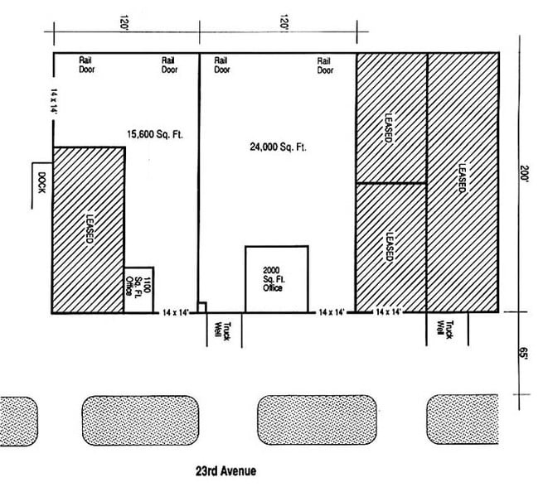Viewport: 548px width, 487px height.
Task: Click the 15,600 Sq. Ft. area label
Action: coord(155,133)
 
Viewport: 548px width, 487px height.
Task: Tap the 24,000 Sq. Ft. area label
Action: coord(278,147)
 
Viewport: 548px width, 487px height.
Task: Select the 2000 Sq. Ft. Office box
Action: coord(275,279)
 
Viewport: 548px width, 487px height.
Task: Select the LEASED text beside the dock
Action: coord(89,229)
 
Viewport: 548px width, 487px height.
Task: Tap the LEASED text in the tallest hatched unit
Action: coord(461,179)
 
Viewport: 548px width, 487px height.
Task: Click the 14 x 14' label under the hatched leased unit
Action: coord(388,312)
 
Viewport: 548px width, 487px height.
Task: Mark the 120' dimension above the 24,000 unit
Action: coord(283,22)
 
